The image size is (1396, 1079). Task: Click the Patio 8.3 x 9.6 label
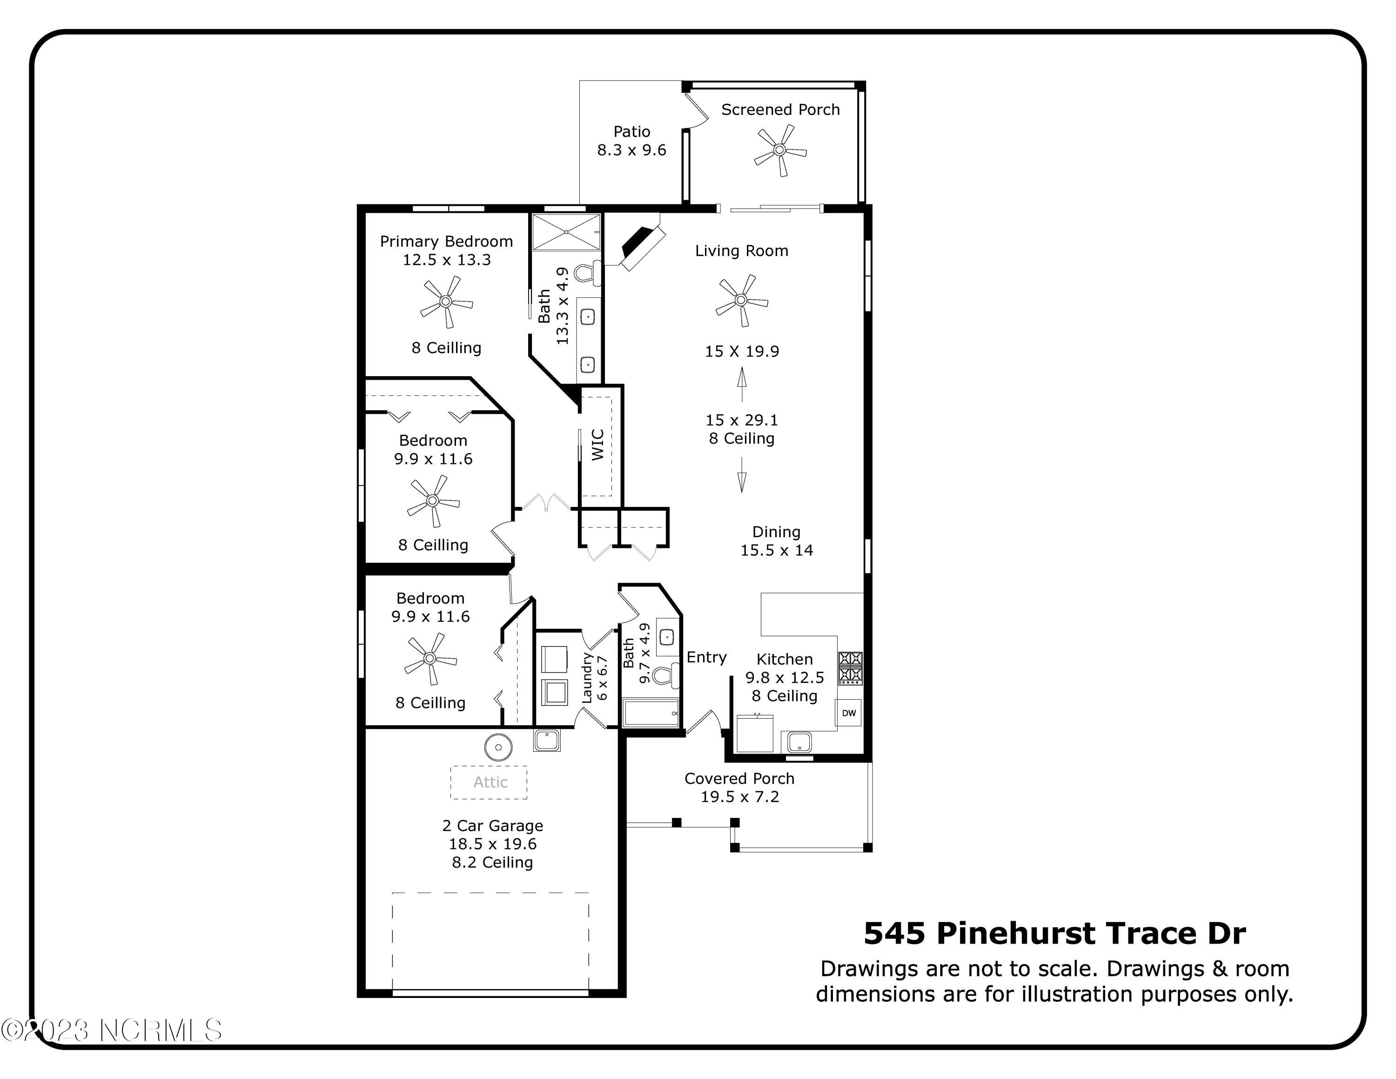[x=631, y=141]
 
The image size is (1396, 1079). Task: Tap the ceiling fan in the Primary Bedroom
[x=446, y=302]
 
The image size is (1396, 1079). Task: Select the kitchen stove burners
[x=850, y=668]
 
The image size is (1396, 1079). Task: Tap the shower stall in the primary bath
[x=566, y=232]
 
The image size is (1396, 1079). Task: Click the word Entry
[x=706, y=657]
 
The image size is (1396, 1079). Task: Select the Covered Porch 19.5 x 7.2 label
[x=739, y=788]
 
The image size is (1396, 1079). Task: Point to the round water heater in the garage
[x=498, y=747]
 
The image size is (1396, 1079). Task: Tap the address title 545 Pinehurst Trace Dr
[x=1054, y=934]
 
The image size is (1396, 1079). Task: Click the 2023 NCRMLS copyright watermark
[x=112, y=1030]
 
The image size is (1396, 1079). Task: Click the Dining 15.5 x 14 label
[x=777, y=541]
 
